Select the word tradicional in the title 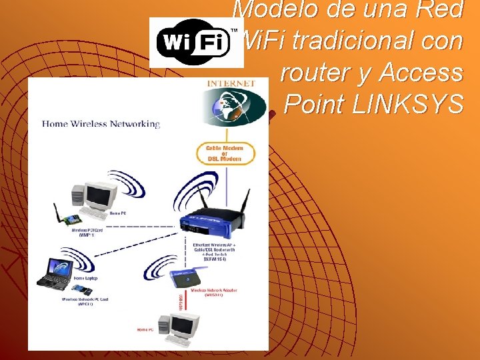[x=377, y=41]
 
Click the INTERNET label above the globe [x=231, y=83]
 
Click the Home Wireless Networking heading [x=101, y=123]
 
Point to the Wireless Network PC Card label [x=85, y=301]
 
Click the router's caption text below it [x=213, y=252]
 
